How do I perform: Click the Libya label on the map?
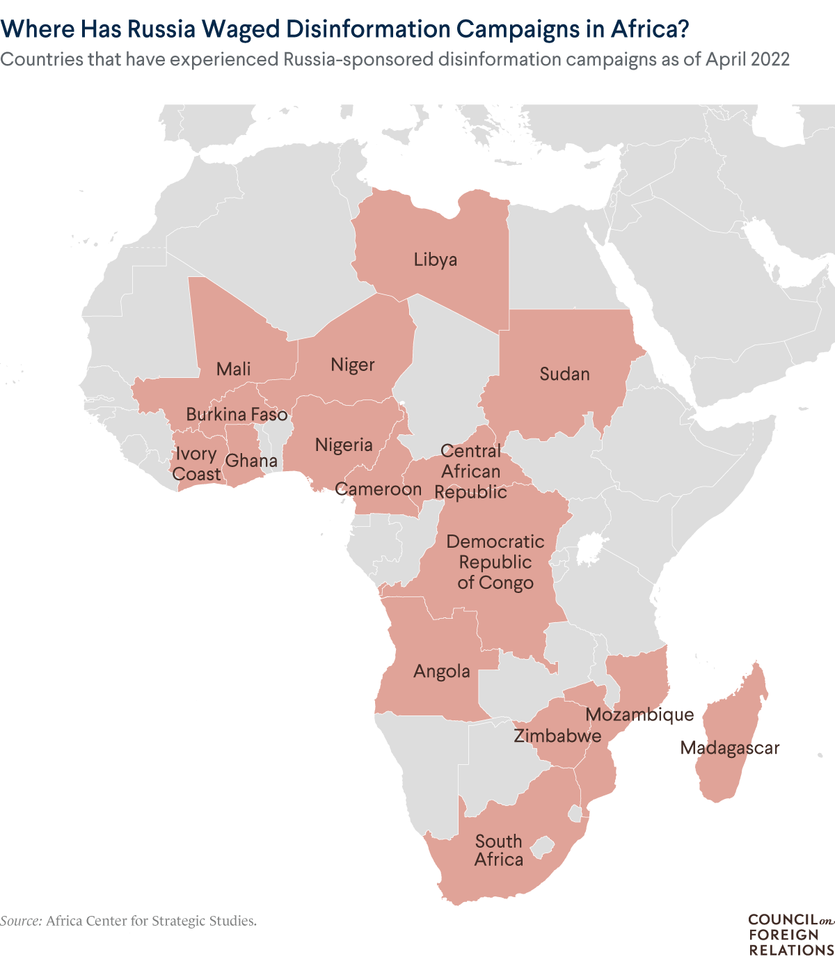[436, 260]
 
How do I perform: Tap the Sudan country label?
[564, 374]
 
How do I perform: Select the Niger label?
[353, 365]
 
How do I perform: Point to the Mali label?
[233, 370]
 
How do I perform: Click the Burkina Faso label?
[237, 416]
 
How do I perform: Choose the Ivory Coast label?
[197, 464]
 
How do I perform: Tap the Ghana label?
[251, 461]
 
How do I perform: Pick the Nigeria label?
[344, 445]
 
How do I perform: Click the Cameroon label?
[379, 489]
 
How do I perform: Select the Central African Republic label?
[471, 472]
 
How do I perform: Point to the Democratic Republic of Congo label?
[495, 562]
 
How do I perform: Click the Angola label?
[442, 672]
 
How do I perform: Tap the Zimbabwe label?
[557, 736]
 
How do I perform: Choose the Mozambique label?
[639, 715]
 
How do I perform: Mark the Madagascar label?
[730, 748]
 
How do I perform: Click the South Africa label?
[498, 851]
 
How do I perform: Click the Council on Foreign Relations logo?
[790, 935]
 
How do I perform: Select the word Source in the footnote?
[21, 921]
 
